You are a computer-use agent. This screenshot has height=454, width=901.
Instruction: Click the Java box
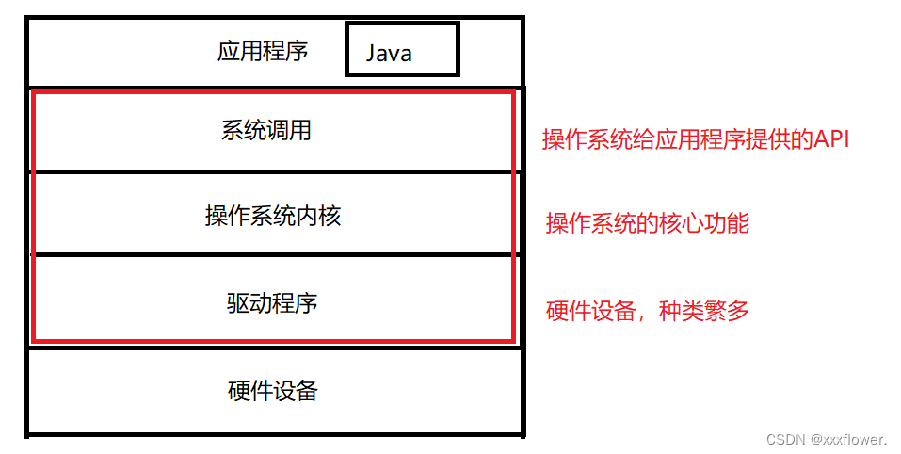click(402, 50)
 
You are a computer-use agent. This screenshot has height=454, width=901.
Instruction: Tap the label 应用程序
click(263, 50)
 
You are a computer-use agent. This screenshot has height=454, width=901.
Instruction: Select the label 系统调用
click(266, 130)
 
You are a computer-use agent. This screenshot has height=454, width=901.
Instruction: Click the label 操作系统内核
click(273, 216)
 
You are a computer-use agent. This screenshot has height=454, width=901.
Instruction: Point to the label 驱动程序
click(272, 302)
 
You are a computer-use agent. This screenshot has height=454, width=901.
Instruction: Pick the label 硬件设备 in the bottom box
click(273, 390)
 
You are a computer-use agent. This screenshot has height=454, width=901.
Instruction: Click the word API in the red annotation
click(831, 139)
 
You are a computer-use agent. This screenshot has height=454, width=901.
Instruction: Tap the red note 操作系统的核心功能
click(648, 223)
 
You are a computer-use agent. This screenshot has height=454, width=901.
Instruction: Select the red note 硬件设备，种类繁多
click(648, 310)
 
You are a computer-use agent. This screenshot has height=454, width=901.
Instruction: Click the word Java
click(389, 54)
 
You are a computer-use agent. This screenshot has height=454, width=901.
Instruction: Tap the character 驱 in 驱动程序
click(238, 302)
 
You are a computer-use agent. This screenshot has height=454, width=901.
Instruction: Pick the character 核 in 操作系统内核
click(330, 216)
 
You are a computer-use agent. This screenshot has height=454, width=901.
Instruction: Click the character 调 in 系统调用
click(278, 130)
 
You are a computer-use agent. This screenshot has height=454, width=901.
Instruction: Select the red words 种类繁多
click(704, 310)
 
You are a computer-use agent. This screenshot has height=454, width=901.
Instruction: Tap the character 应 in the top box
click(229, 50)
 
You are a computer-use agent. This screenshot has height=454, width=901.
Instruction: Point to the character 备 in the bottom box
click(307, 390)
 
